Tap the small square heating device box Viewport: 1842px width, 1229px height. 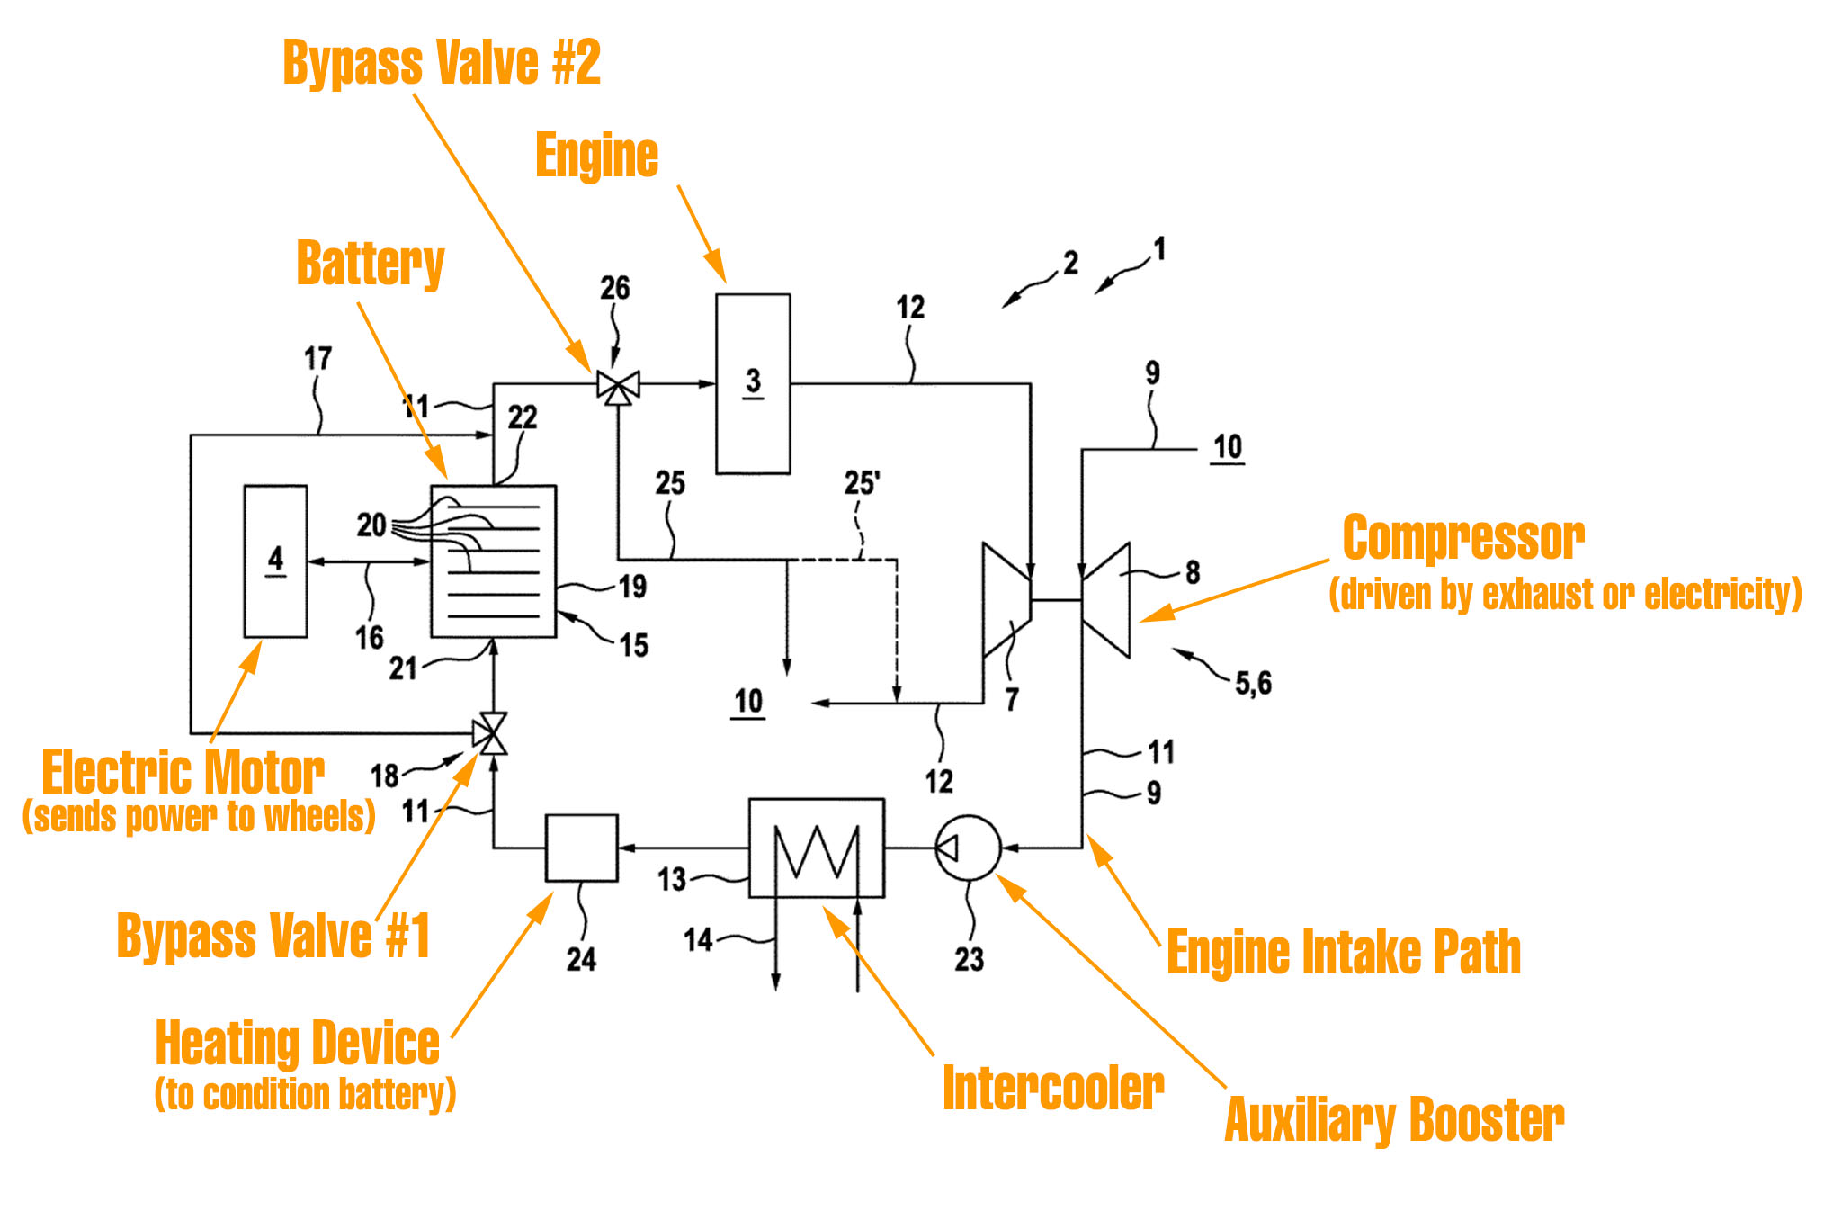(582, 848)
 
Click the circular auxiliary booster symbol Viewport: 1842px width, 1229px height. (968, 848)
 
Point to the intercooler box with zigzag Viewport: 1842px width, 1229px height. (817, 848)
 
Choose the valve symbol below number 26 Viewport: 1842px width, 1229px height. (619, 388)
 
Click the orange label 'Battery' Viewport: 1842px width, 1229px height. (371, 264)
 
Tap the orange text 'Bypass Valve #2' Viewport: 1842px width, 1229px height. (442, 63)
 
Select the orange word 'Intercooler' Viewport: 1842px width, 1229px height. (1053, 1090)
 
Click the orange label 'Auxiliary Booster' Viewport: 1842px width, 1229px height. (1394, 1120)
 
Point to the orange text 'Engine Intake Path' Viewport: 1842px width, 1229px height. (1344, 952)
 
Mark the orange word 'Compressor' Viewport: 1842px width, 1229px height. (1463, 538)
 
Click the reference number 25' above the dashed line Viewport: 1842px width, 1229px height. (862, 483)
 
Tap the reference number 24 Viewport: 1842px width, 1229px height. (581, 959)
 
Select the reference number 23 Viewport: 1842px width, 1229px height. (970, 959)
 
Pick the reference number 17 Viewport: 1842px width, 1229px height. (317, 358)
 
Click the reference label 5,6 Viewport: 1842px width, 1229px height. (1253, 684)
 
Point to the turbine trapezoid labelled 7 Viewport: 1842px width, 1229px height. (1006, 599)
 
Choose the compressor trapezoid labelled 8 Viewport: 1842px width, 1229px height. (1107, 599)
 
